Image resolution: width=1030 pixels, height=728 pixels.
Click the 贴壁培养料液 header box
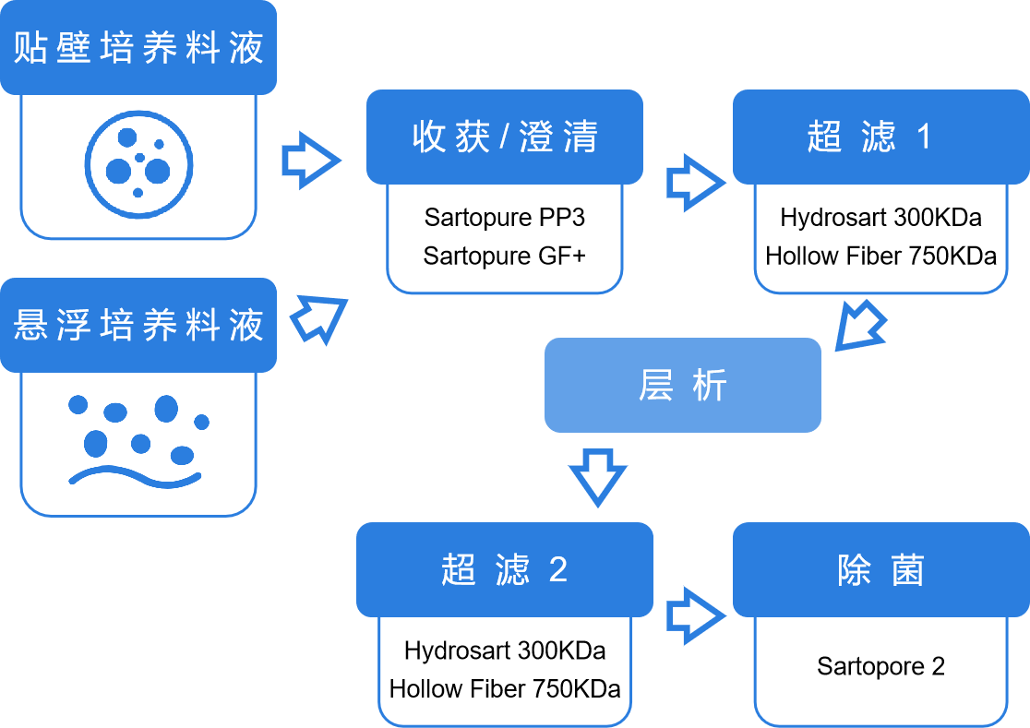tap(138, 47)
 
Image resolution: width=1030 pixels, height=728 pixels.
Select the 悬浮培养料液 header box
tap(138, 325)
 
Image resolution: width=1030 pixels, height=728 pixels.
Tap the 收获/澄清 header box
tap(504, 137)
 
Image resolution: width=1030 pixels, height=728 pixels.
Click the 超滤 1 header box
tap(880, 137)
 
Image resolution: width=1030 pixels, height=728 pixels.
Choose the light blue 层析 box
tap(682, 385)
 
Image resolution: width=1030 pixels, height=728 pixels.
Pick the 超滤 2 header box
tap(504, 569)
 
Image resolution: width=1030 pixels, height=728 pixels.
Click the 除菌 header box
tap(880, 569)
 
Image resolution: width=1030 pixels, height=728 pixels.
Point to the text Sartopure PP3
tap(504, 217)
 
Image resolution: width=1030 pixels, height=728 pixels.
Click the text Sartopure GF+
tap(504, 256)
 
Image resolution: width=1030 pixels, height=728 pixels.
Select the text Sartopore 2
tap(880, 666)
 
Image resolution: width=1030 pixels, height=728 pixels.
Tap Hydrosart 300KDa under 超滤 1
tap(880, 217)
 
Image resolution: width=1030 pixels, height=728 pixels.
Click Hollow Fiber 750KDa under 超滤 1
tap(880, 256)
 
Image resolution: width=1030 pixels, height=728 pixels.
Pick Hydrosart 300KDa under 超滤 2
tap(504, 650)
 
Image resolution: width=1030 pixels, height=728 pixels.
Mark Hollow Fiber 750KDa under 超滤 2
tap(504, 688)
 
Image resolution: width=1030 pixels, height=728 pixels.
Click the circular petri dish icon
tap(138, 165)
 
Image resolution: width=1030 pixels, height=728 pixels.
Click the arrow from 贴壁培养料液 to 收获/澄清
tap(311, 161)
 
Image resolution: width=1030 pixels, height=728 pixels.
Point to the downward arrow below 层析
tap(597, 475)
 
